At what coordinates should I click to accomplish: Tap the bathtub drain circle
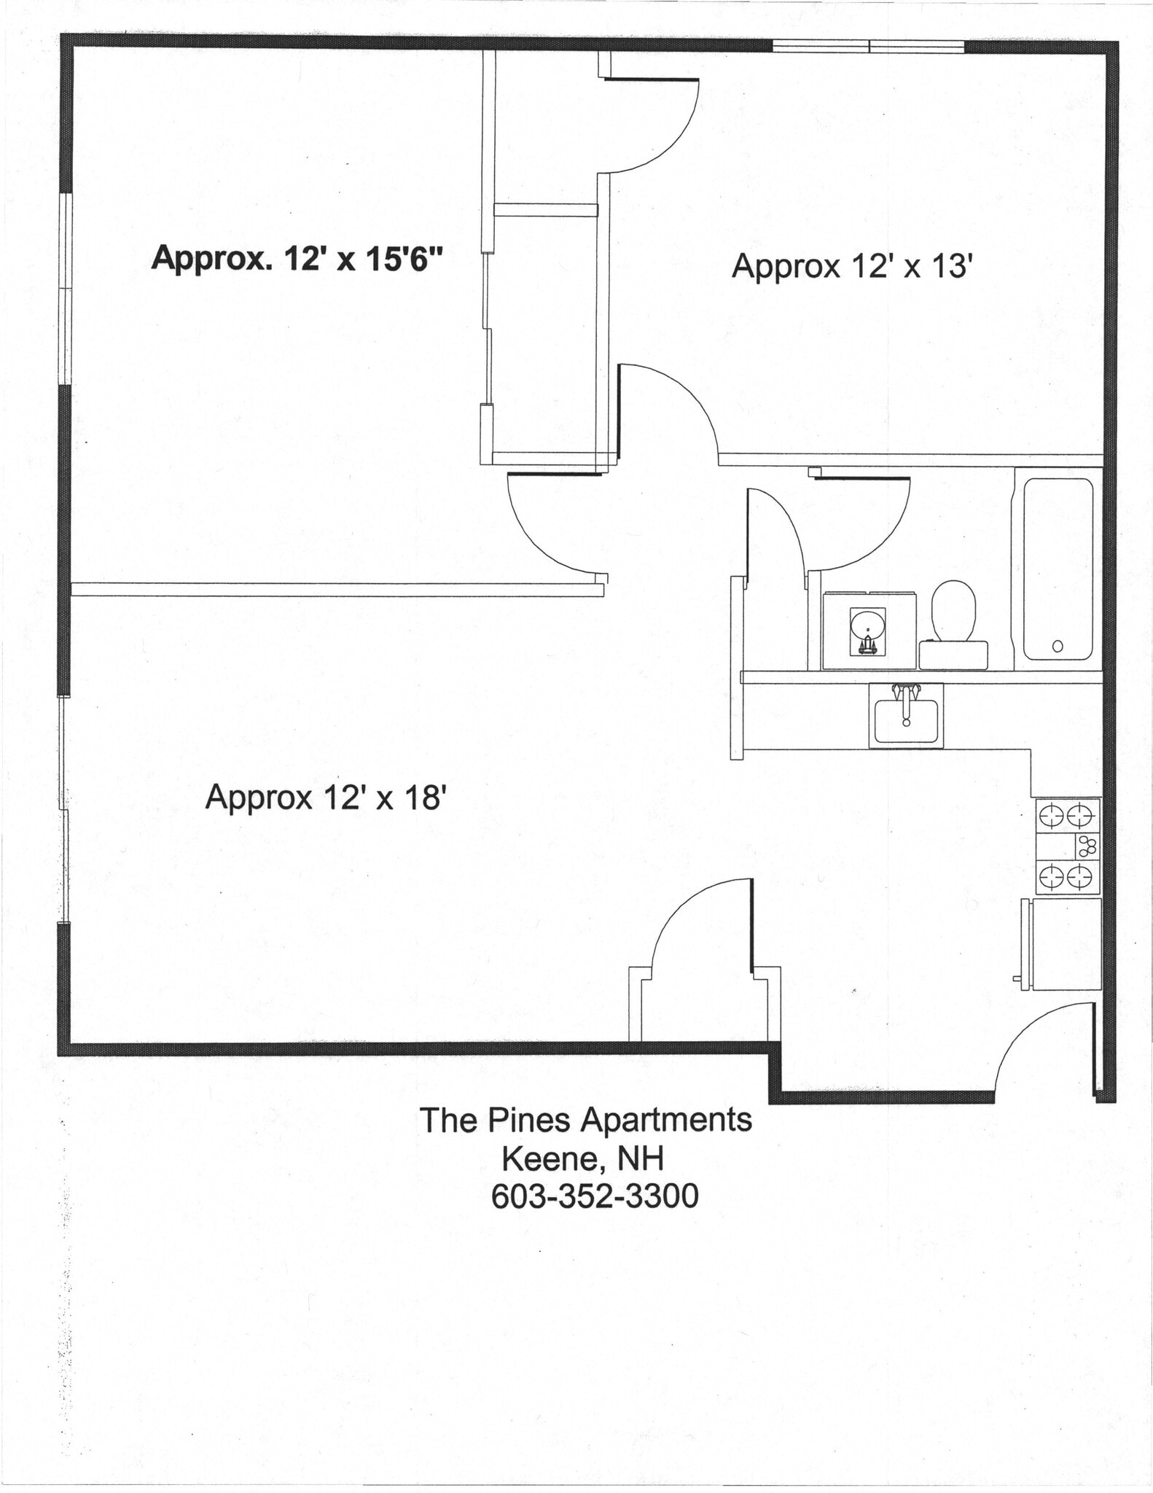tap(1058, 646)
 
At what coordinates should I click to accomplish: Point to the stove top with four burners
tap(1068, 846)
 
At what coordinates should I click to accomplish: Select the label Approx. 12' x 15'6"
tap(297, 259)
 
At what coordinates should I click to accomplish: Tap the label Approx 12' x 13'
tap(852, 266)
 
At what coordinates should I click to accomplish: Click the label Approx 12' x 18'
tap(325, 797)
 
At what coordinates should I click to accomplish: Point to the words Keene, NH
tap(582, 1158)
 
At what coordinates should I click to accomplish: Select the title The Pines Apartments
tap(585, 1120)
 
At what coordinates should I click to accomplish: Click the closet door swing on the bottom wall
tap(696, 926)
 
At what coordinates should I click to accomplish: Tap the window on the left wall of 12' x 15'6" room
tap(66, 288)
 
